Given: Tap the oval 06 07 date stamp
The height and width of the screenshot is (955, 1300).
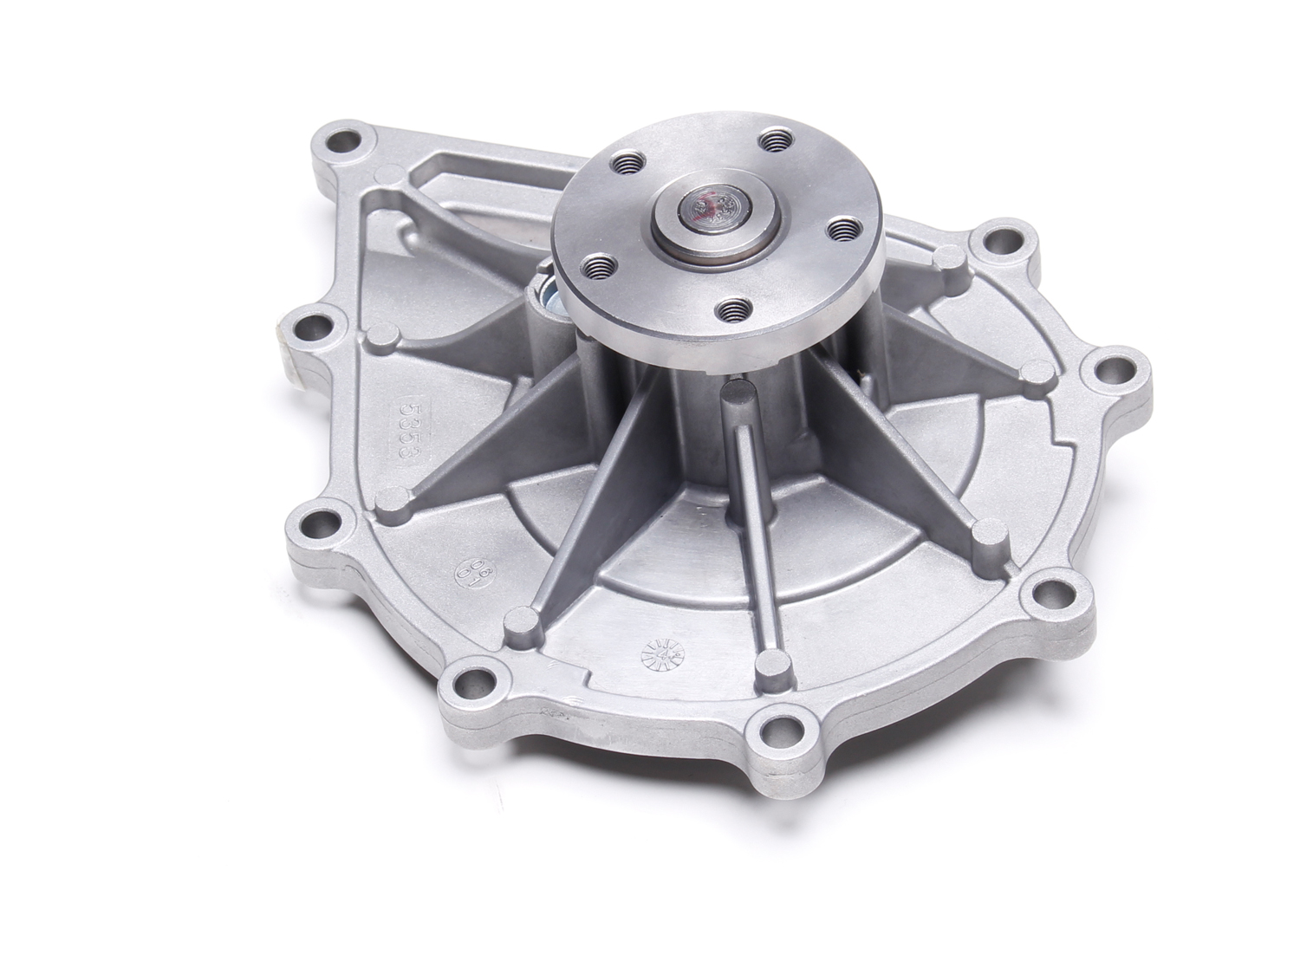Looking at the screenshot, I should [470, 569].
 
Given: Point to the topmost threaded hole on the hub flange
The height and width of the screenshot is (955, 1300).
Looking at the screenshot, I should [769, 140].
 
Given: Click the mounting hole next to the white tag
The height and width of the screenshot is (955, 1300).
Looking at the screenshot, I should [310, 329].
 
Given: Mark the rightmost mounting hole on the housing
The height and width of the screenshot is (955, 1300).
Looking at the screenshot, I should [1109, 374].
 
